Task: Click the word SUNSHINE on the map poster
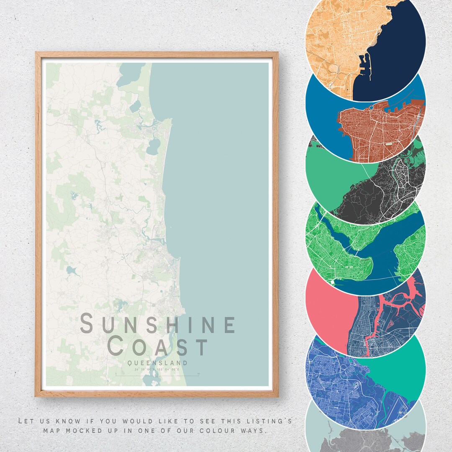point(158,325)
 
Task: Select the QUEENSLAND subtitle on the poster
point(158,363)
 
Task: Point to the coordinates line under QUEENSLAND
point(157,370)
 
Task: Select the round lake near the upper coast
point(153,146)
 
